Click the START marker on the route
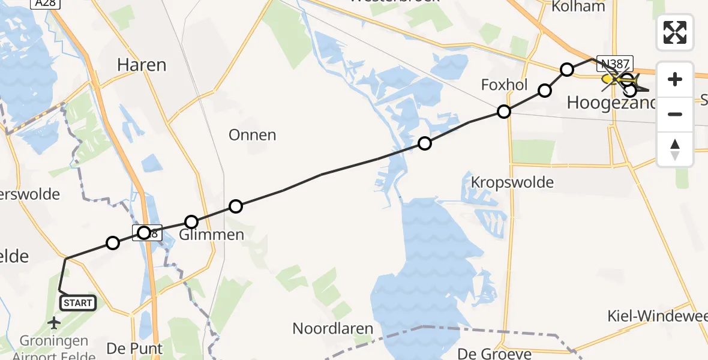tap(78, 303)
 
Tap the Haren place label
tap(142, 65)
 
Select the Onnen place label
tap(253, 135)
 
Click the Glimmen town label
tap(212, 235)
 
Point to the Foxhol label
tap(504, 85)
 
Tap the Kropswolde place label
tap(512, 182)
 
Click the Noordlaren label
tap(332, 329)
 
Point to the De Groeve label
tap(494, 353)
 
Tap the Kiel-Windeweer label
tap(657, 316)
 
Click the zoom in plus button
tap(675, 79)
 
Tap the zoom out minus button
tap(675, 114)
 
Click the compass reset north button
tap(675, 149)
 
